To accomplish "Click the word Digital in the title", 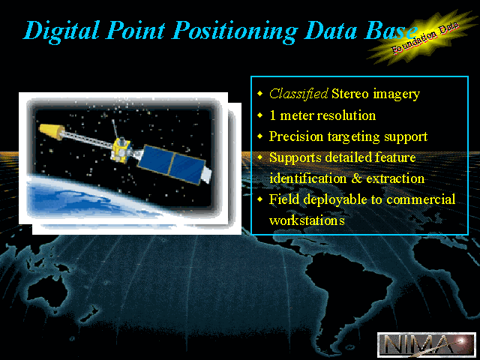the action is point(61,31).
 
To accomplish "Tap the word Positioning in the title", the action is point(235,31).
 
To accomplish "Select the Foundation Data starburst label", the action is point(424,37).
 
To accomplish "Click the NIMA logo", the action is point(427,344).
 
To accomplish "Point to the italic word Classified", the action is point(298,94).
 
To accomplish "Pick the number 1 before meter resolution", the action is point(272,115).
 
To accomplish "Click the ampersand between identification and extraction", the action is point(356,178).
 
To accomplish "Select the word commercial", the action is point(421,199).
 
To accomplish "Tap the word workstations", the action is point(307,220).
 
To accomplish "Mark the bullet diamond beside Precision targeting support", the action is point(260,136).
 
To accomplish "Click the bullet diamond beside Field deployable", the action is point(260,199).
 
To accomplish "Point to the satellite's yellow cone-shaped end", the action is point(52,131).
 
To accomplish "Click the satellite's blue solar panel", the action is point(172,165).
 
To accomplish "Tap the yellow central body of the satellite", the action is point(121,151).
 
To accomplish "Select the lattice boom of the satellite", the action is point(88,139).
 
